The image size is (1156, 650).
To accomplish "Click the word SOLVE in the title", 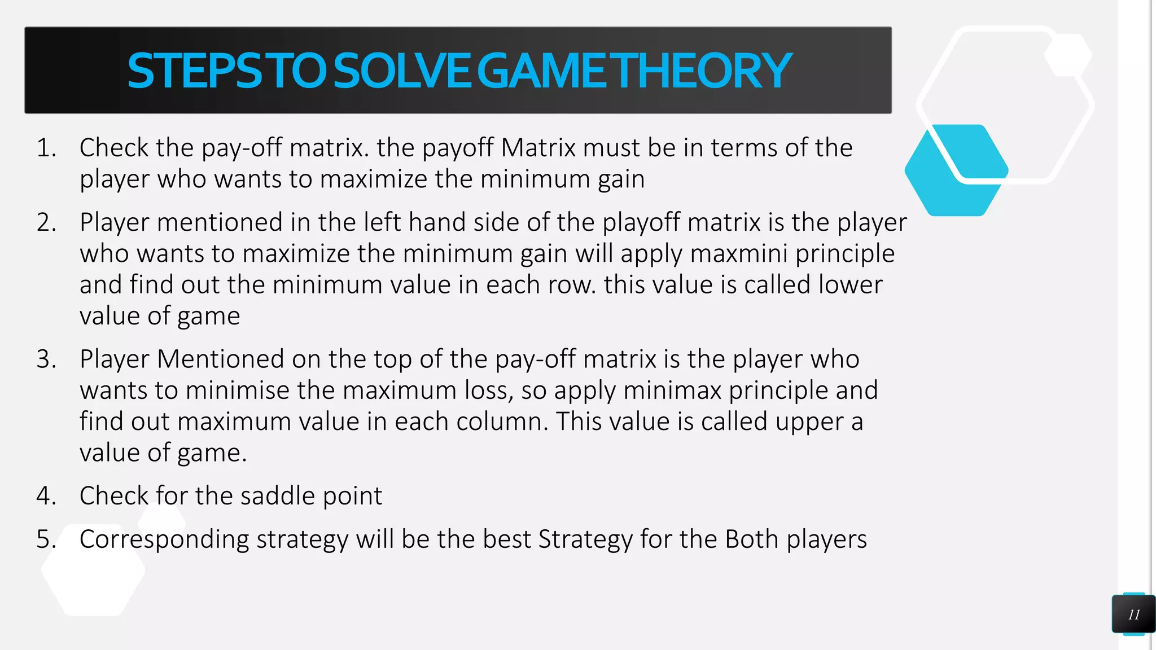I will pos(401,71).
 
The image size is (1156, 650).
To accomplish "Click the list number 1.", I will pos(46,148).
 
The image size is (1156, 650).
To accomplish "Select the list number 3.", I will pos(46,359).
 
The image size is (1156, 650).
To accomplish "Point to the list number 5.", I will pos(46,539).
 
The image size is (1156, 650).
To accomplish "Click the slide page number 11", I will pos(1133,615).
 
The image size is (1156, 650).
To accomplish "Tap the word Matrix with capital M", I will pos(538,148).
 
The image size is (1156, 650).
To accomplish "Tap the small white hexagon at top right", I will pos(1067,55).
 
